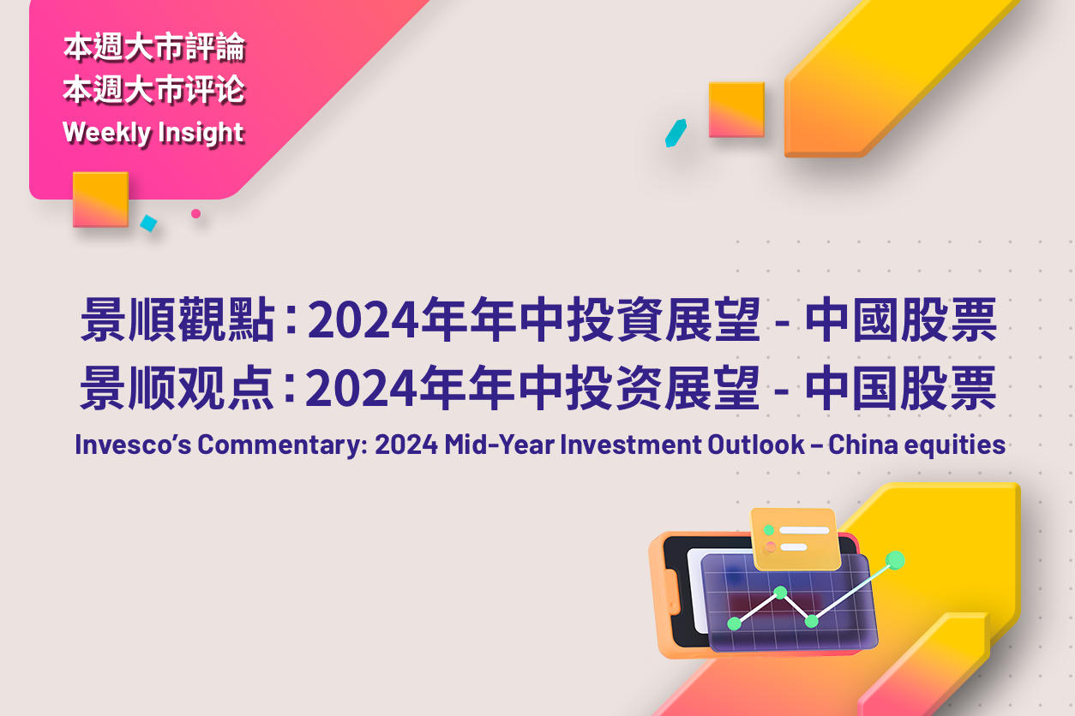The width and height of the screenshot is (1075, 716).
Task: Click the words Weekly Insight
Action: (x=153, y=133)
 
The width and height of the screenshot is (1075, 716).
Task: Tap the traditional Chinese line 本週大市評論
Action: (x=154, y=47)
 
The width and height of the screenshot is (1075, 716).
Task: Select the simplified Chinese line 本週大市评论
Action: (x=154, y=90)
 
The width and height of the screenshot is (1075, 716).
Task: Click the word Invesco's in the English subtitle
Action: (x=133, y=445)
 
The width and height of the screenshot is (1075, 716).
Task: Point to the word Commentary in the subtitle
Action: (x=282, y=445)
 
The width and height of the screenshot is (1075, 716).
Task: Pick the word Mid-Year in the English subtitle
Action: (x=499, y=445)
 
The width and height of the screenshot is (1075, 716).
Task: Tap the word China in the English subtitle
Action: (x=863, y=445)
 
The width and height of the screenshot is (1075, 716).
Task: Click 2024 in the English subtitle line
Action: (x=406, y=445)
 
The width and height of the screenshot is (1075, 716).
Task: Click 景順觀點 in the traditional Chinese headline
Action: (x=177, y=319)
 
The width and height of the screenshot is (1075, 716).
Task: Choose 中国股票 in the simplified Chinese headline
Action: (x=901, y=387)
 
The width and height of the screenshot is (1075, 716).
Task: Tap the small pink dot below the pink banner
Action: (x=195, y=214)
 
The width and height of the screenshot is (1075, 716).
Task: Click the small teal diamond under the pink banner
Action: (x=148, y=223)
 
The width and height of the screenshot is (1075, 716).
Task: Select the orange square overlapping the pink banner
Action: (x=100, y=200)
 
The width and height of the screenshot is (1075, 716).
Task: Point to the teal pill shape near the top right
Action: (x=676, y=133)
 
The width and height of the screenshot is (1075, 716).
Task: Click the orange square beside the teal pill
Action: (x=736, y=110)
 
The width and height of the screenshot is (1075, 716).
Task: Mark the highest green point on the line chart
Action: (x=895, y=561)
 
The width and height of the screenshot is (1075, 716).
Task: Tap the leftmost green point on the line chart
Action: (x=735, y=624)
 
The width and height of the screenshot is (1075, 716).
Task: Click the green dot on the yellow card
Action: (x=769, y=530)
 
